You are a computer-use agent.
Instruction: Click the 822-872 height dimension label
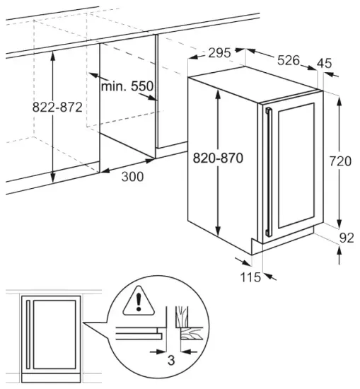pos(58,108)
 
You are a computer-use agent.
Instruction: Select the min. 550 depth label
pos(127,86)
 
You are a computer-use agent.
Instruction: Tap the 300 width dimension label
pos(132,176)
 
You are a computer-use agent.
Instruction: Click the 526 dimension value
pos(288,61)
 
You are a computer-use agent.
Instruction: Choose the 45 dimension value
pos(325,64)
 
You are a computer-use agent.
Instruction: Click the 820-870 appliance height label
pos(218,158)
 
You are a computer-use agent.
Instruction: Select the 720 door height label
pos(340,161)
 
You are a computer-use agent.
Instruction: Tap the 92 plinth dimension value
pos(346,238)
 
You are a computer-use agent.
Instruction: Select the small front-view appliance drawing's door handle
pos(28,332)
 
